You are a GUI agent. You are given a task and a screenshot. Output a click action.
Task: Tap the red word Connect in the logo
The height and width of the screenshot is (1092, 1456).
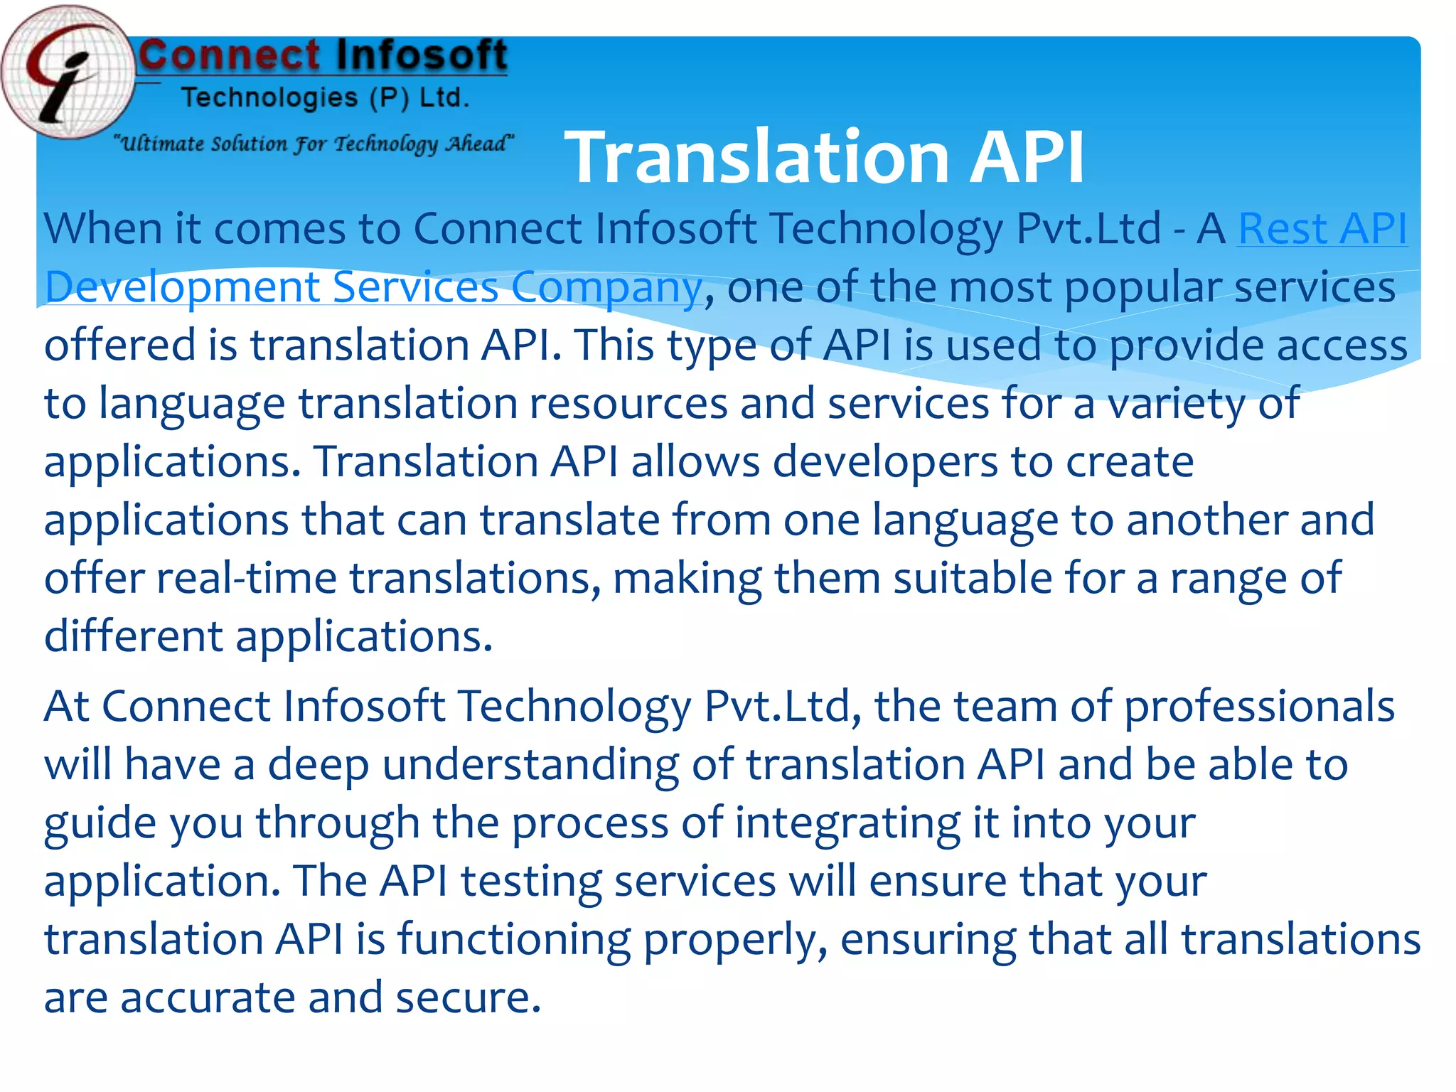click(230, 55)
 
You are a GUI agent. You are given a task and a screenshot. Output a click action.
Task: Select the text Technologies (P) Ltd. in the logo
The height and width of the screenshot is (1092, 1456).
click(326, 97)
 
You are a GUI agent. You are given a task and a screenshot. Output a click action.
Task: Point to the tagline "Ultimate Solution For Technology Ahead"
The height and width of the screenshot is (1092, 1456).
click(314, 144)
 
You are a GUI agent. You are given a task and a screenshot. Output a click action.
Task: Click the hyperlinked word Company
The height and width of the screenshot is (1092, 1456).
click(606, 287)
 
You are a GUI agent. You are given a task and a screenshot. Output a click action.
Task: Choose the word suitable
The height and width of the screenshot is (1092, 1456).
click(972, 578)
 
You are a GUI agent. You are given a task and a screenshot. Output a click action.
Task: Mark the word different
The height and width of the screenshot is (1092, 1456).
click(134, 636)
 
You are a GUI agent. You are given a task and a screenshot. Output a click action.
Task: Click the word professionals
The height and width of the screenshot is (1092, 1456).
click(1259, 707)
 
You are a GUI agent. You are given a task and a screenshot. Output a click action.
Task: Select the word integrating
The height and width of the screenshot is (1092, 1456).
click(847, 824)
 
